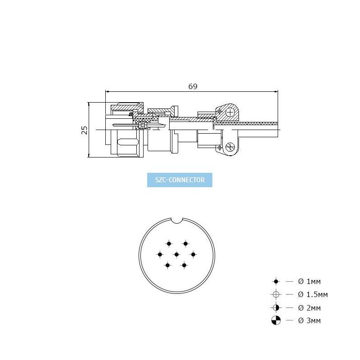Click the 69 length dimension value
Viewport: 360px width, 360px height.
[x=193, y=86]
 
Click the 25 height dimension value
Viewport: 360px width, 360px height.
[x=85, y=130]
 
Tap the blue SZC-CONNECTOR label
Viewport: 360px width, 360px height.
[x=180, y=180]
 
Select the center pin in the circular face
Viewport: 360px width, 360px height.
[x=176, y=254]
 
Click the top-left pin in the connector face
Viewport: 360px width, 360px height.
[x=169, y=243]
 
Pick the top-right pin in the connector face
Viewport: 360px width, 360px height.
[x=185, y=243]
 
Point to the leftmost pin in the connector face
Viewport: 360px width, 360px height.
[x=160, y=254]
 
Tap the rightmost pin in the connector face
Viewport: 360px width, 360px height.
[x=193, y=254]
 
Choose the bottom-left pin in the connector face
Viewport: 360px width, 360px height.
[x=167, y=265]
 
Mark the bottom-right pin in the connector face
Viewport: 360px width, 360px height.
[x=184, y=265]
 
